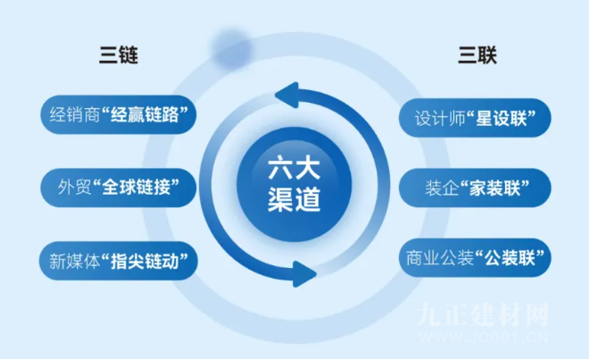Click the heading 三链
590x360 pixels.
click(x=119, y=55)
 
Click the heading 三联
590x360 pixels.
click(x=478, y=55)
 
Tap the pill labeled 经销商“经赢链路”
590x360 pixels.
click(x=119, y=114)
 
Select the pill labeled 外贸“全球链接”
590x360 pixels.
click(x=119, y=188)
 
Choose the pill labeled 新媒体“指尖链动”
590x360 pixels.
click(x=119, y=261)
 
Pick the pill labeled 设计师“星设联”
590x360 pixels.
click(x=475, y=118)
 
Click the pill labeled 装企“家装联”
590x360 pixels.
click(x=475, y=188)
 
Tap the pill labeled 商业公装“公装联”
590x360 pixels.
click(x=475, y=258)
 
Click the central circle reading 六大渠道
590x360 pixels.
click(x=295, y=185)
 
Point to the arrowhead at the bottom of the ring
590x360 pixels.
click(x=303, y=273)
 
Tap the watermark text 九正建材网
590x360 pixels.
click(x=483, y=314)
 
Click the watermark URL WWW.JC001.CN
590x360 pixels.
click(x=484, y=337)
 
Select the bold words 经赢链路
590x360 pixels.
click(x=145, y=114)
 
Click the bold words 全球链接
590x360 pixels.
click(x=137, y=188)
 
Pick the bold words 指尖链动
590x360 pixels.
click(x=145, y=261)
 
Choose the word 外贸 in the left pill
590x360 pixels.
click(x=74, y=188)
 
